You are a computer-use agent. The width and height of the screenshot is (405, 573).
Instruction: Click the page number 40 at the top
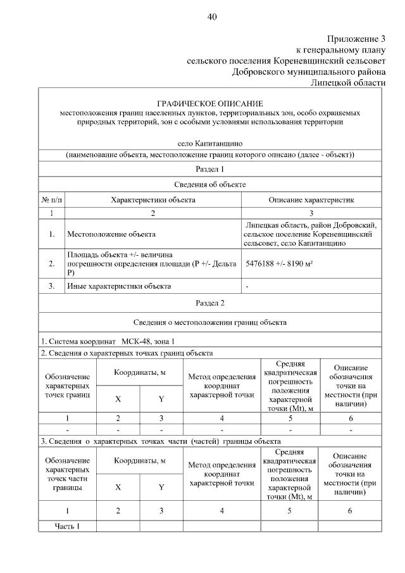[x=212, y=17]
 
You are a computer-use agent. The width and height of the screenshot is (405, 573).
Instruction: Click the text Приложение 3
[x=356, y=39]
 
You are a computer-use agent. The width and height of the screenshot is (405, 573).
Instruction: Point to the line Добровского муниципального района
[x=308, y=72]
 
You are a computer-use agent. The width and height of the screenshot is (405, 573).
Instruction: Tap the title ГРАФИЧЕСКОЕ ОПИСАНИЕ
[x=209, y=103]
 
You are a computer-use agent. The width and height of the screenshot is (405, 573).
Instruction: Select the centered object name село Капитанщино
[x=209, y=144]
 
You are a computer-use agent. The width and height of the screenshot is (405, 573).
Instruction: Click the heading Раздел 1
[x=209, y=168]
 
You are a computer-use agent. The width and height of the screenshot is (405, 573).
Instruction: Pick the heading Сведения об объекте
[x=209, y=184]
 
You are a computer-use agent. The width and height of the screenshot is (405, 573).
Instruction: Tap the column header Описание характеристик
[x=311, y=199]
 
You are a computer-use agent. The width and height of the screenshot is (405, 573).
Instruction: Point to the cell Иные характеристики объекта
[x=119, y=286]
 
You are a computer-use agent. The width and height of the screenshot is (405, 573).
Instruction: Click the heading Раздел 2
[x=209, y=304]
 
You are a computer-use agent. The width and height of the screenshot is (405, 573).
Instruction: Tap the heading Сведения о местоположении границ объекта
[x=209, y=322]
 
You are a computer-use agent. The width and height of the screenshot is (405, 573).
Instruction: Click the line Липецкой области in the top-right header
[x=347, y=82]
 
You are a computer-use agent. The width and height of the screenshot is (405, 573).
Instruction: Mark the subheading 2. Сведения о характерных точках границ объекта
[x=127, y=353]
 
